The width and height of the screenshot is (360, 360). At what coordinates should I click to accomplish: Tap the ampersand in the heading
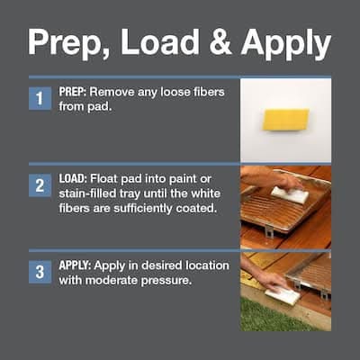(220, 42)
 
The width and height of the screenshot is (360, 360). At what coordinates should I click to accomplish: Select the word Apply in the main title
(286, 44)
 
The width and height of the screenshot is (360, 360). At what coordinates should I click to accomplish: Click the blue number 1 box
(40, 98)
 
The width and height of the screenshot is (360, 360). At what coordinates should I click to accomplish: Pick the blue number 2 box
(40, 185)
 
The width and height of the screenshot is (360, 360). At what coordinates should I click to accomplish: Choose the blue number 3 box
(40, 272)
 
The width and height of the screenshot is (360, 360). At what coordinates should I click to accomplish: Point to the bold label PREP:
(73, 92)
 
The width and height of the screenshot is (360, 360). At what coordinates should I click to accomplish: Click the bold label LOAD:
(73, 179)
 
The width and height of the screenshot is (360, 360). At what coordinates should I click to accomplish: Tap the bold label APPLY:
(75, 265)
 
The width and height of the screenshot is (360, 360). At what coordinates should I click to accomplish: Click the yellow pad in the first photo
(285, 120)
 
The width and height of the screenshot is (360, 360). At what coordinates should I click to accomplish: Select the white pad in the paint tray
(290, 194)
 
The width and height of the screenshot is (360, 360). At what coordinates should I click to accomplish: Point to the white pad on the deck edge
(283, 295)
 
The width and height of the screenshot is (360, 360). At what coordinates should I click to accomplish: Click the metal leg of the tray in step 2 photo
(269, 231)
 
